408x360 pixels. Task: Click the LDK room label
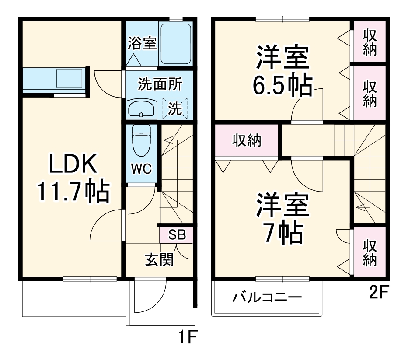[72, 165]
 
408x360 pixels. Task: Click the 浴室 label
[142, 43]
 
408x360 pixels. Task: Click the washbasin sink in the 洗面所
[141, 108]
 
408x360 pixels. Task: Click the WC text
[141, 168]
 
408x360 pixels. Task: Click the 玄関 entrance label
[159, 259]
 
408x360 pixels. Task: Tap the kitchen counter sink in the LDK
[70, 80]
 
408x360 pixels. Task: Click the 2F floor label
[378, 292]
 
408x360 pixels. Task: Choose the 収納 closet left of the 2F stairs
[246, 140]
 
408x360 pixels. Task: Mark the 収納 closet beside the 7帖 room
[370, 253]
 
